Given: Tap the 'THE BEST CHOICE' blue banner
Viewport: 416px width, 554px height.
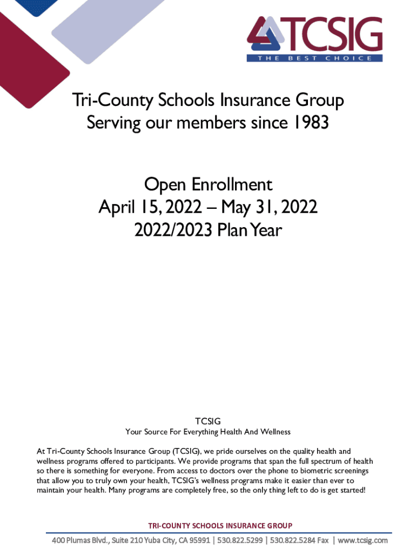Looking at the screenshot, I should [x=314, y=58].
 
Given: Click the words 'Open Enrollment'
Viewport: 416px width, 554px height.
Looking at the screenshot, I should [x=208, y=185].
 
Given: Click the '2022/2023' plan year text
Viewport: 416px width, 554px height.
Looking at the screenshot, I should [x=173, y=230].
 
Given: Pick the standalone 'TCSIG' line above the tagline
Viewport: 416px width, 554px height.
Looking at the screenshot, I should [x=208, y=421].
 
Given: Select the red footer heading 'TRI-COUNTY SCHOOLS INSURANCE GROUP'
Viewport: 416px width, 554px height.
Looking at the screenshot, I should [x=220, y=525].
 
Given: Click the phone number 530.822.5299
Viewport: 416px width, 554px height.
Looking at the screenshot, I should [x=241, y=540].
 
